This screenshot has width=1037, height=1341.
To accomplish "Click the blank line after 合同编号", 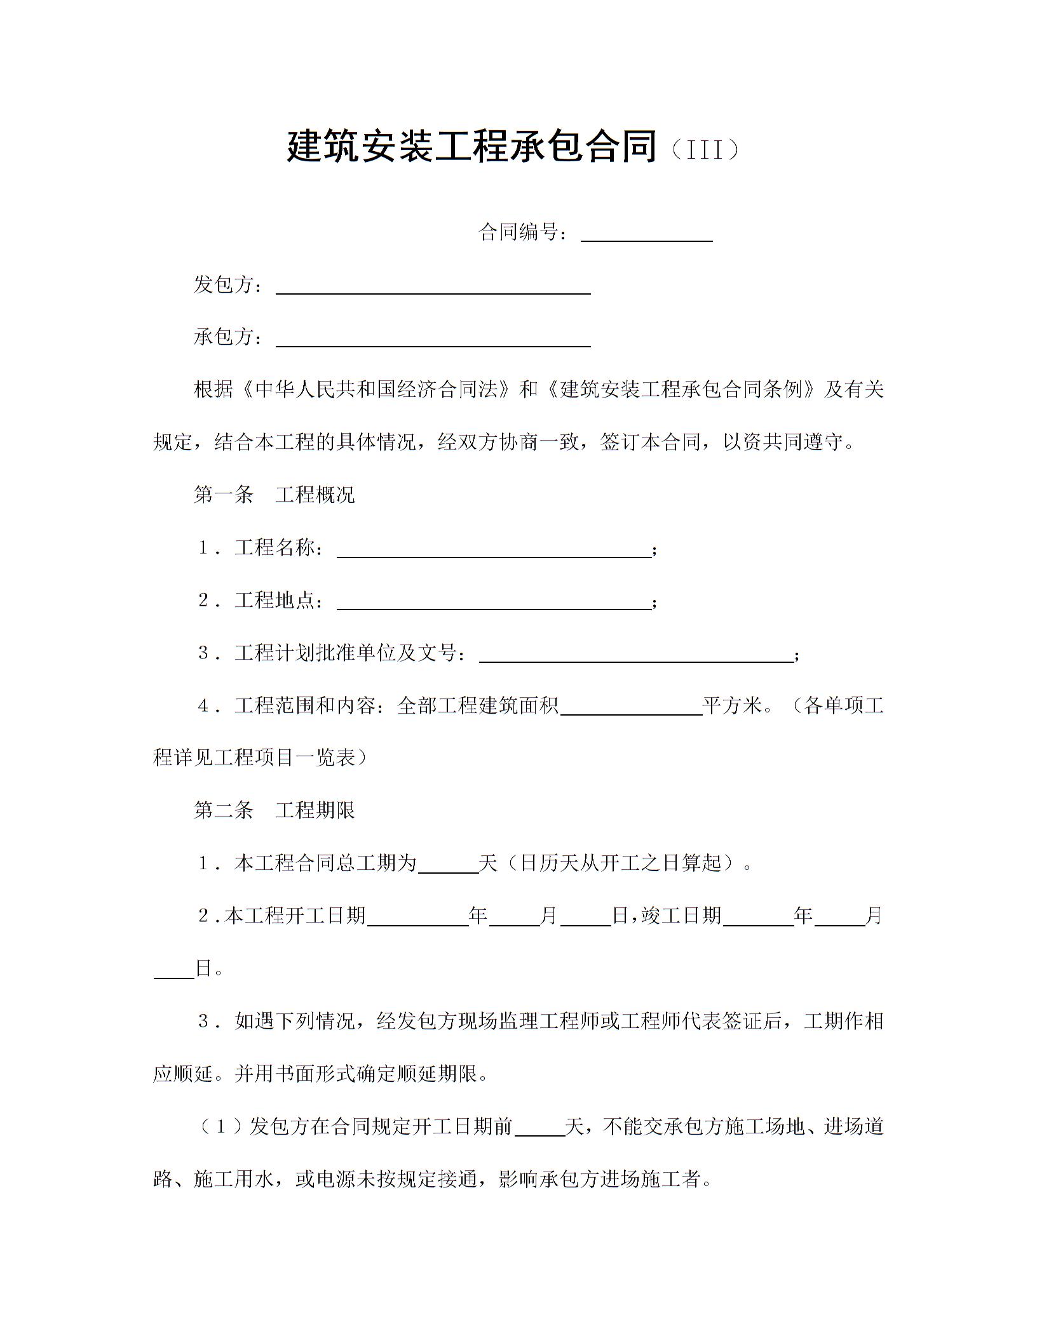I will coord(646,234).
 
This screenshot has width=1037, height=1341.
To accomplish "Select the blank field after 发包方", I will coord(433,286).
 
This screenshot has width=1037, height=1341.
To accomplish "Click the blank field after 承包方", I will coord(433,338).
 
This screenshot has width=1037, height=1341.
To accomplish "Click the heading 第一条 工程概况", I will coord(274,495).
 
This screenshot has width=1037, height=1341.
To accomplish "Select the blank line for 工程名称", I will coord(493,549).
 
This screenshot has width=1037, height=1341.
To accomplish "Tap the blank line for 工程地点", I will coord(493,602).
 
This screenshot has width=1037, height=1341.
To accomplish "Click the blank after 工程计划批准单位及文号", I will coord(635,655).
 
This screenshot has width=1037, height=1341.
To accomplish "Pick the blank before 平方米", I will coord(631,707).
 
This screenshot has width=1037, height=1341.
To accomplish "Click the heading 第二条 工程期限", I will coord(274,810).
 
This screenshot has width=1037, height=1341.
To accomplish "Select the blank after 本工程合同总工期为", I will coord(448,865).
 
